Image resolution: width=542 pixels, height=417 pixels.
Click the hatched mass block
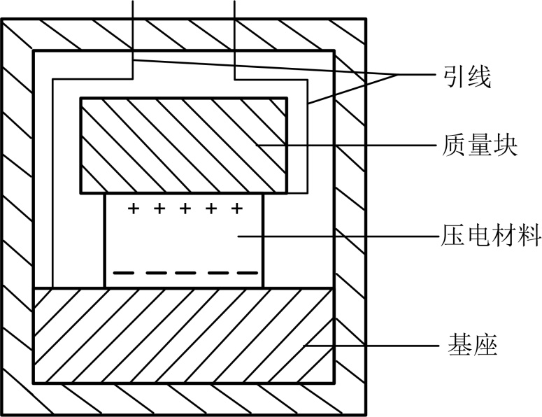click(x=183, y=145)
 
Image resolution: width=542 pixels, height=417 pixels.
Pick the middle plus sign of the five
click(x=185, y=208)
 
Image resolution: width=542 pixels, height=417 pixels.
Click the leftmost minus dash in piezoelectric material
click(x=123, y=272)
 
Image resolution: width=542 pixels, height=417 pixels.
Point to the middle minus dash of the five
click(x=185, y=272)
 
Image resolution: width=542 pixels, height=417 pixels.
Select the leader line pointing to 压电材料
click(x=336, y=236)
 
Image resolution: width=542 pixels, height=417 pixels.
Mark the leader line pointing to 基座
click(x=371, y=345)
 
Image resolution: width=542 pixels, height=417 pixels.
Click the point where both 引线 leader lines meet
click(x=398, y=73)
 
